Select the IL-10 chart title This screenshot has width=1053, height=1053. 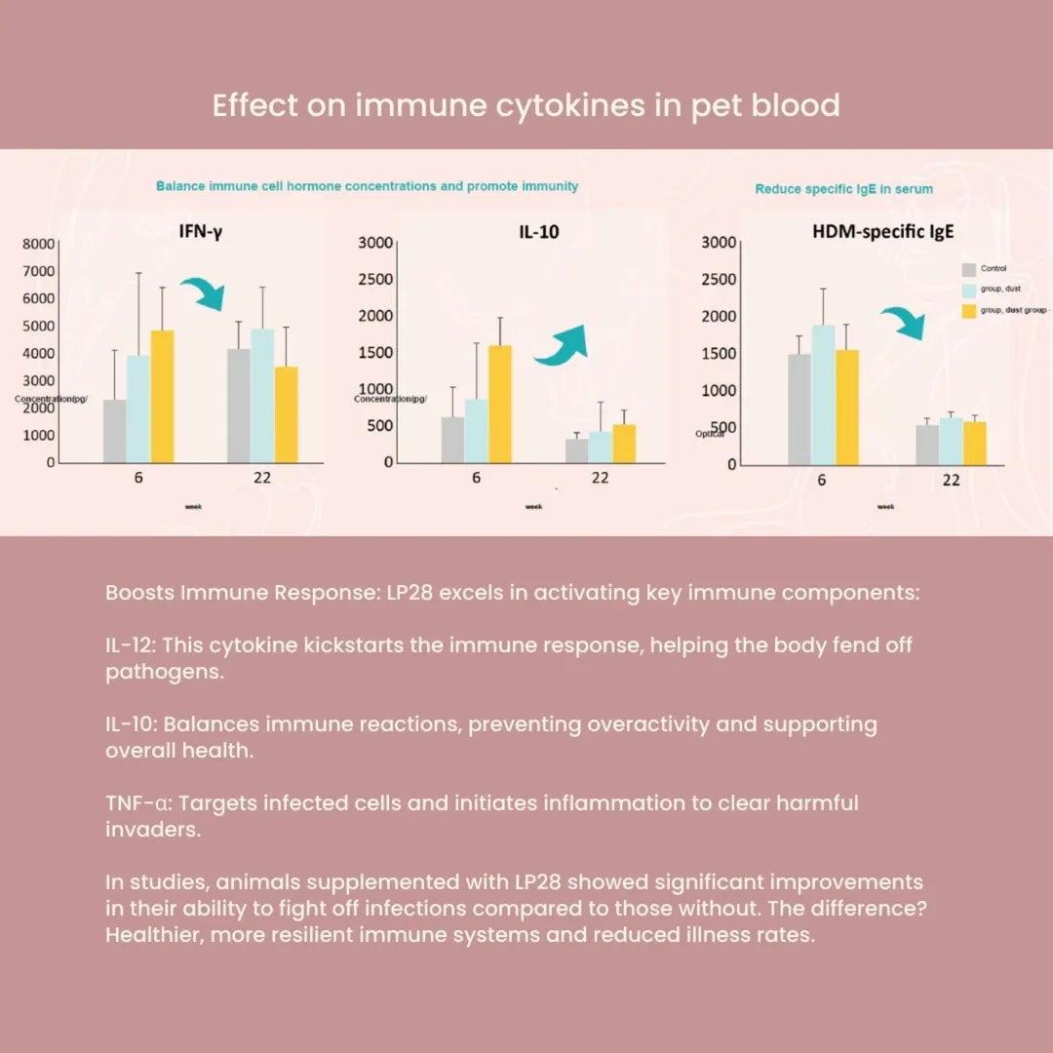539,233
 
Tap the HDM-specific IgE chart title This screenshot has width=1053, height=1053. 882,232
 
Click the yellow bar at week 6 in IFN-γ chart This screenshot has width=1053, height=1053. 162,396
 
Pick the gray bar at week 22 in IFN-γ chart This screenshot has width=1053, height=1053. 239,406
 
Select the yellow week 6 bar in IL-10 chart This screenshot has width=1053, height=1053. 499,404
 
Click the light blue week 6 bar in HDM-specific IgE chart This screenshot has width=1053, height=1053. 824,394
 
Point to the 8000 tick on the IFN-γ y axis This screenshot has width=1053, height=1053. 38,244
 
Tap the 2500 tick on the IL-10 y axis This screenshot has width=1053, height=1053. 375,279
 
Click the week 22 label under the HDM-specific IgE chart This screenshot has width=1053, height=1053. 951,480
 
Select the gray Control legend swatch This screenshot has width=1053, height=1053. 968,270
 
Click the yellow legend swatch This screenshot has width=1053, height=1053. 968,310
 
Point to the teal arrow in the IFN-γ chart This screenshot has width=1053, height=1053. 203,292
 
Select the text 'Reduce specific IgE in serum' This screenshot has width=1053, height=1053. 843,189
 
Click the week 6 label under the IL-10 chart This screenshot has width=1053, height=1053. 476,478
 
